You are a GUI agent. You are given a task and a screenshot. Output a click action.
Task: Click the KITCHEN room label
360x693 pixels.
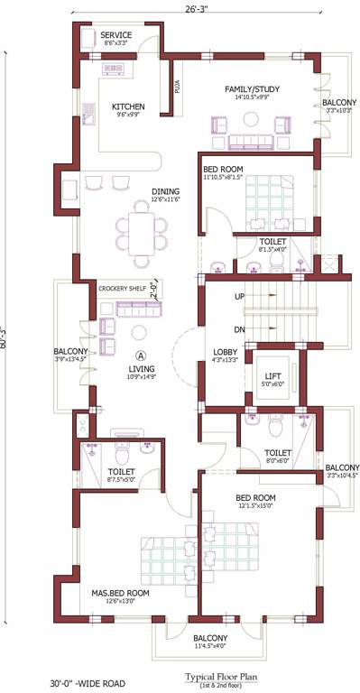pyautogui.click(x=128, y=107)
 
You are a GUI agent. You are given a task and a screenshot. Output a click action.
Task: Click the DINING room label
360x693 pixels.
pyautogui.click(x=140, y=191)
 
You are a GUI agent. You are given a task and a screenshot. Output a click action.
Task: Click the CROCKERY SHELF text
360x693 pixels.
pyautogui.click(x=124, y=288)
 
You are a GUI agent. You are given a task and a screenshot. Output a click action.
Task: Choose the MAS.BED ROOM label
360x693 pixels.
pyautogui.click(x=119, y=594)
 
